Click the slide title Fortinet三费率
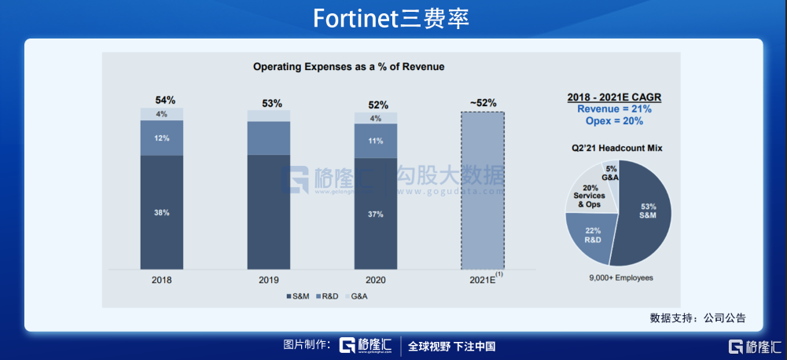click(391, 18)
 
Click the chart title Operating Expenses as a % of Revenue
click(348, 67)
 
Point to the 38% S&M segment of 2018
click(161, 213)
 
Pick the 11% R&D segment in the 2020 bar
click(375, 141)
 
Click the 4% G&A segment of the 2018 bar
click(161, 114)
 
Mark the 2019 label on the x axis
click(269, 279)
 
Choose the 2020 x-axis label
click(376, 279)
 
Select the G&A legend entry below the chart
click(355, 296)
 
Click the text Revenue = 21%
click(614, 109)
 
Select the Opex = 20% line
click(614, 121)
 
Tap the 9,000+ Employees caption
click(621, 277)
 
